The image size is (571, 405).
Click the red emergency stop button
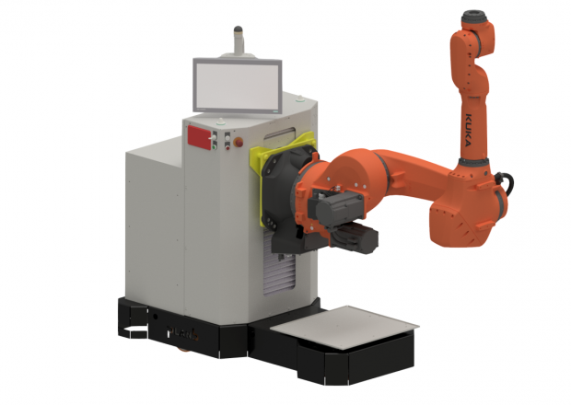(239, 142)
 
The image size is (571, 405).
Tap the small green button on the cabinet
(214, 146)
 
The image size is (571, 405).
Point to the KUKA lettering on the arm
(468, 130)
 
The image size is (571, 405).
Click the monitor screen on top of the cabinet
(237, 86)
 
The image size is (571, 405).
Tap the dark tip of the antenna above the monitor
(238, 29)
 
